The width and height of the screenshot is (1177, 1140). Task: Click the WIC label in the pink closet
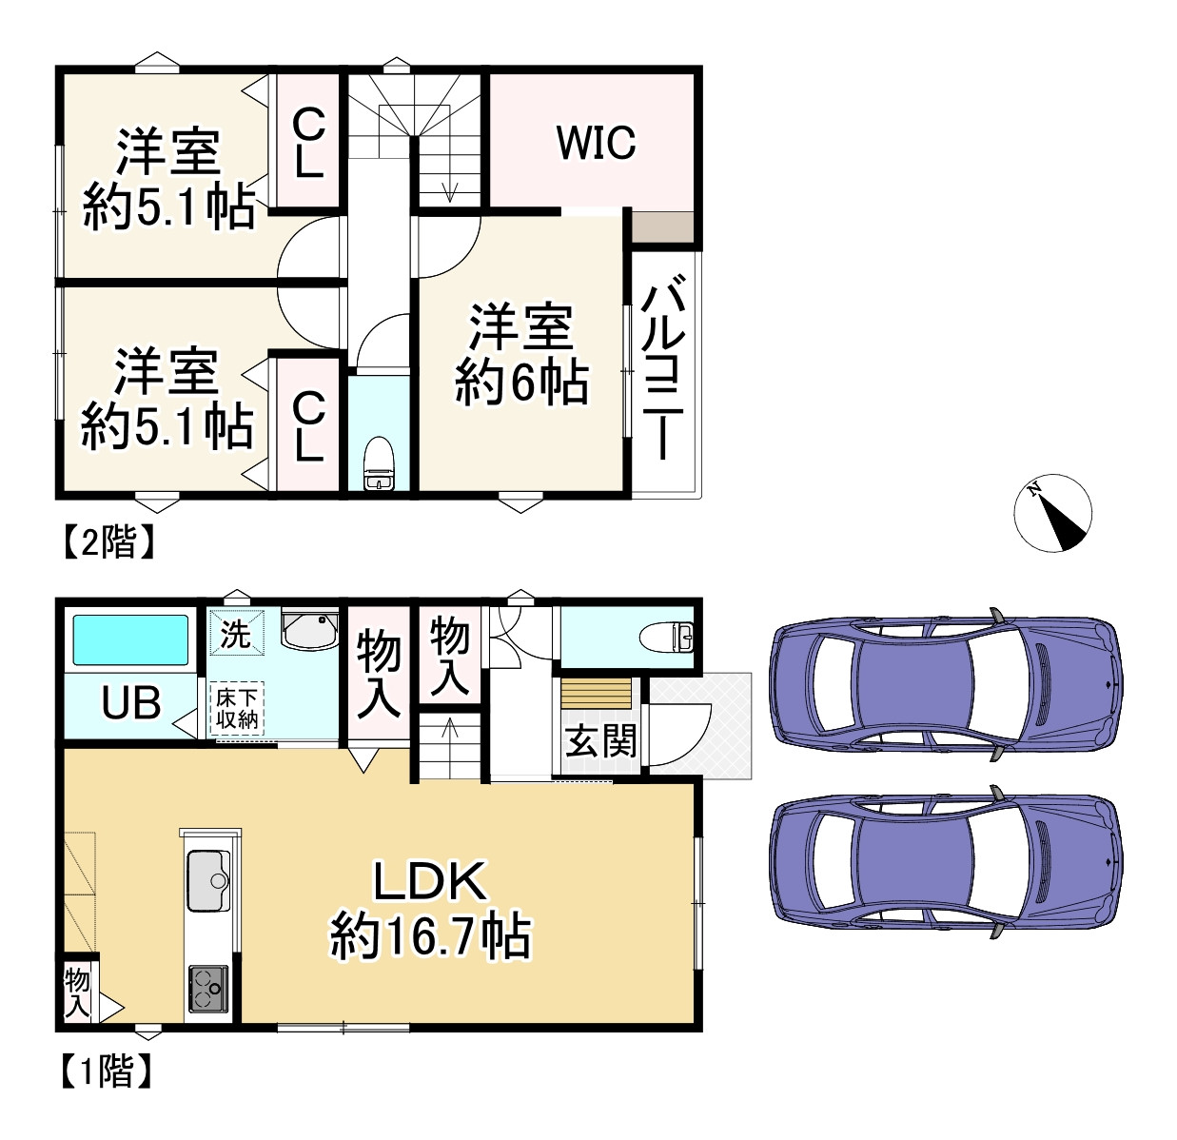click(596, 143)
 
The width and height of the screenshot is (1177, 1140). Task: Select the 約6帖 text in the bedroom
click(521, 383)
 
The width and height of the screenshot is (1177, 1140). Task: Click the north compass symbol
click(1052, 512)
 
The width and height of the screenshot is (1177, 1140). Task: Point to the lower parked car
click(944, 862)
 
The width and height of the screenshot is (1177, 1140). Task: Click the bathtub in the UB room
click(130, 639)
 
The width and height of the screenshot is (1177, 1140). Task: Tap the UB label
click(131, 704)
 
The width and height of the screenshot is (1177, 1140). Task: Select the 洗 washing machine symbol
click(235, 633)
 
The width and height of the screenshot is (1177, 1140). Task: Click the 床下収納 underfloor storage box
click(237, 709)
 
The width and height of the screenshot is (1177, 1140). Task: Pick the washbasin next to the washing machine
click(309, 631)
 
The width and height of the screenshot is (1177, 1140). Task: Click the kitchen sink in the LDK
click(208, 879)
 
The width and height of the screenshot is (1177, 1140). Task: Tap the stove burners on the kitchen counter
click(208, 988)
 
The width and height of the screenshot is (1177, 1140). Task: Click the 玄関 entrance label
click(600, 741)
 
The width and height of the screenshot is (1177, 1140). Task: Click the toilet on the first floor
click(671, 636)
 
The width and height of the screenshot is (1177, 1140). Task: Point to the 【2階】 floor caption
click(108, 542)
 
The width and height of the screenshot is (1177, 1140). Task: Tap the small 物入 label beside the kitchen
click(77, 993)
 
